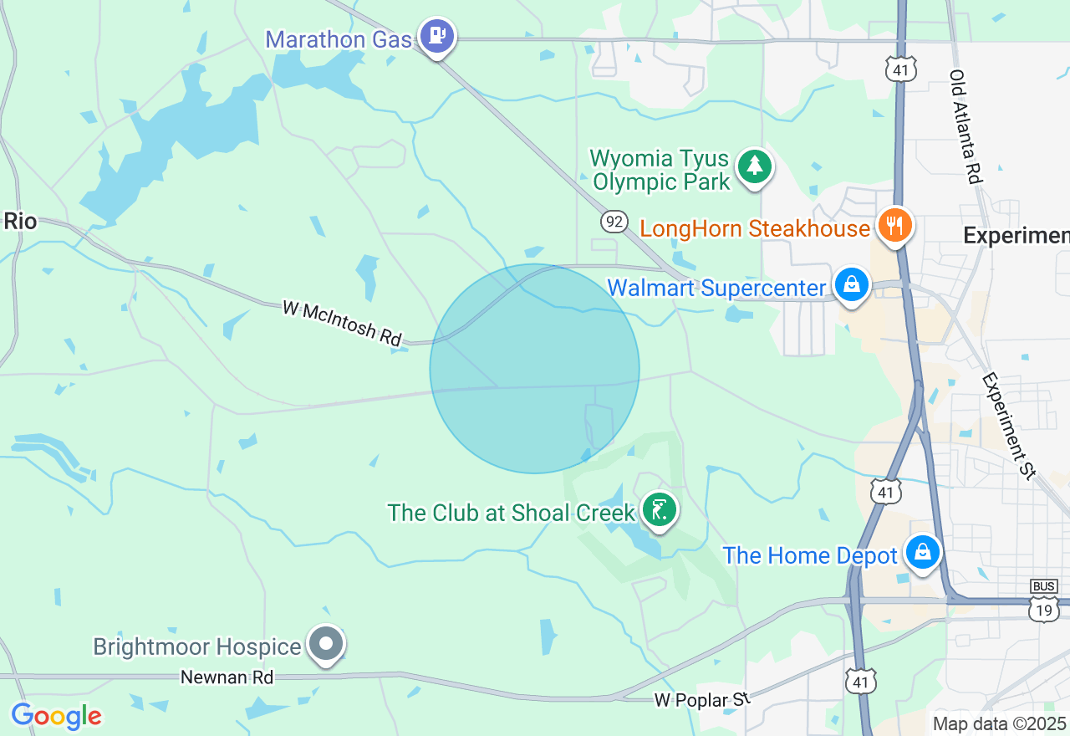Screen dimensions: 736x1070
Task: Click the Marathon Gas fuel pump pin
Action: click(436, 36)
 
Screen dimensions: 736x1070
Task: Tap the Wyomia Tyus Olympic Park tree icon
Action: click(755, 166)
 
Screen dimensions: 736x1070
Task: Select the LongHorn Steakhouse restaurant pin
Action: click(894, 225)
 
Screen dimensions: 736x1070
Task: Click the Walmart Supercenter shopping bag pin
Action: click(851, 285)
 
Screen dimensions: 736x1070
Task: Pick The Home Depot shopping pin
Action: click(922, 553)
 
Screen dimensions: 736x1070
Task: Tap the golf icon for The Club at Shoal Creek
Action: click(660, 509)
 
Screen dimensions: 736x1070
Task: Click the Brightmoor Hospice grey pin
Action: click(327, 644)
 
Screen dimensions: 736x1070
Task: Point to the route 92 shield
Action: click(614, 222)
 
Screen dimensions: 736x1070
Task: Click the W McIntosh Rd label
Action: click(342, 323)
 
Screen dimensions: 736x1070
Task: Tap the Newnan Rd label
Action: click(227, 677)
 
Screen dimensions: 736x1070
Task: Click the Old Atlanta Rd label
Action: click(965, 126)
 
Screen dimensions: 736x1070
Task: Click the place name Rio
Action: click(20, 222)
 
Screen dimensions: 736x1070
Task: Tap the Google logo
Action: click(56, 717)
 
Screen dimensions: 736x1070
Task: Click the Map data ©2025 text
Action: click(999, 723)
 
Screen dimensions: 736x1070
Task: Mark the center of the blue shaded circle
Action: click(535, 369)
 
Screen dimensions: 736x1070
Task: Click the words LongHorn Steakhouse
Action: click(755, 228)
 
